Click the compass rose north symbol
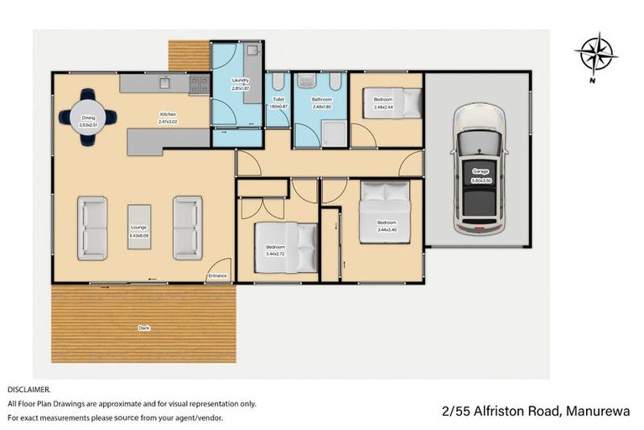[x=596, y=55]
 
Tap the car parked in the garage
[x=480, y=170]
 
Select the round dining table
[x=89, y=118]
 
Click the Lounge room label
[x=138, y=231]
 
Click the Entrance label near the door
[x=217, y=275]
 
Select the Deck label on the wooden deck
[x=144, y=328]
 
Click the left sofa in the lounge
[x=92, y=228]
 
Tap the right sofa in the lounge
[x=187, y=228]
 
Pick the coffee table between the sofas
[x=139, y=228]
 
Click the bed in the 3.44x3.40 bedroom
[x=386, y=211]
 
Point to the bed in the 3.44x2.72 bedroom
[x=286, y=248]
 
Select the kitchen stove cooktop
[x=199, y=84]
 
